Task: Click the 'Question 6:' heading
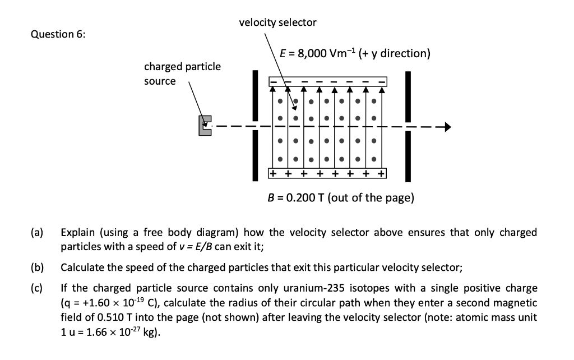58,34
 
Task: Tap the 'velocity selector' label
277,22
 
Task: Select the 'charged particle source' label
182,73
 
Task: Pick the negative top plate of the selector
327,81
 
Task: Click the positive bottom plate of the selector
327,173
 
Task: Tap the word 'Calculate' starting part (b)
81,267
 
